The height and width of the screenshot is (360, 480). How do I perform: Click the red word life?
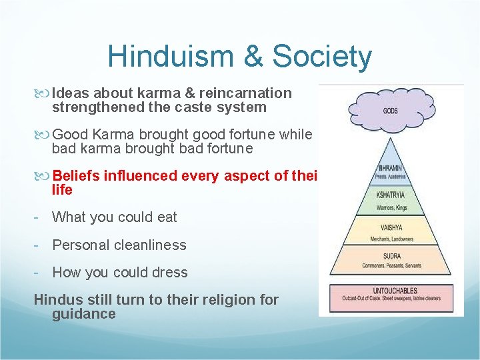tap(62, 190)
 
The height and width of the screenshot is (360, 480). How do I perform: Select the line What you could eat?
tap(115, 217)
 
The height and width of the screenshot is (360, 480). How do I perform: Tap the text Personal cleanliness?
tap(119, 245)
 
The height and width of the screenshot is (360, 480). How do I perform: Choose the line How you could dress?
tap(120, 273)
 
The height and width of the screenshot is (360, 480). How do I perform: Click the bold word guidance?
tap(83, 314)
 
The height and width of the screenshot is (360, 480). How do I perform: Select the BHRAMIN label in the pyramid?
tap(391, 168)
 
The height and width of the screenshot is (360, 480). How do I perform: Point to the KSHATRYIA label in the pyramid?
tap(391, 195)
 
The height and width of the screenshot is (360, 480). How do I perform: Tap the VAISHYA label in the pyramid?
tap(391, 227)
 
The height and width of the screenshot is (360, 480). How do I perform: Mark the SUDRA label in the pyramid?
tap(391, 256)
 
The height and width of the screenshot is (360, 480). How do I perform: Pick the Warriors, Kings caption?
tap(391, 207)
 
